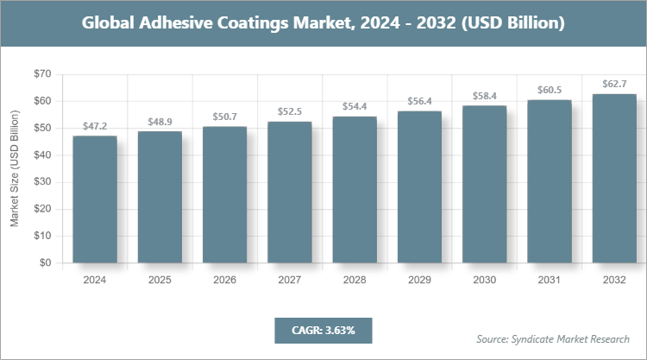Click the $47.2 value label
coord(94,126)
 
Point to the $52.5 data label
coord(289,112)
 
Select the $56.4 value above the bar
coord(419,101)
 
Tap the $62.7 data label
coord(614,85)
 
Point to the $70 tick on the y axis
coord(41,74)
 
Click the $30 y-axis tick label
coord(41,182)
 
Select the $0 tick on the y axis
coord(45,262)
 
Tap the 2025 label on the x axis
coord(160,280)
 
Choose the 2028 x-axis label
coord(355,280)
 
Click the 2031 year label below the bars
coord(549,280)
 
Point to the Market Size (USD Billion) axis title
coord(15,168)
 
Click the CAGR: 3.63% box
coord(322,330)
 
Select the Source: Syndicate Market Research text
coord(553,338)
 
